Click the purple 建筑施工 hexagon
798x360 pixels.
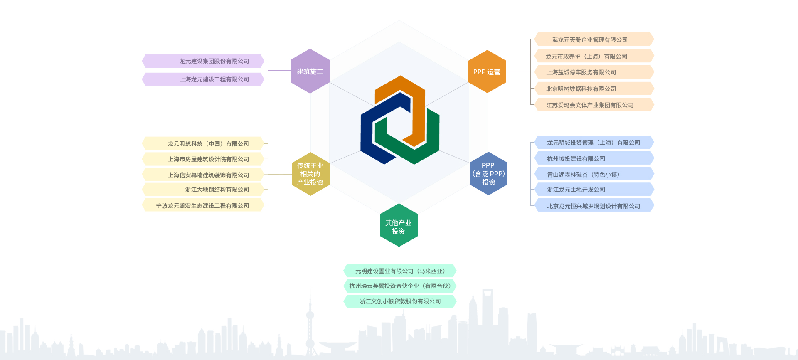pyautogui.click(x=310, y=71)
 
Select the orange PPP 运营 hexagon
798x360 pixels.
pyautogui.click(x=487, y=72)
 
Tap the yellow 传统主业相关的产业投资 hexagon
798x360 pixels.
pyautogui.click(x=310, y=174)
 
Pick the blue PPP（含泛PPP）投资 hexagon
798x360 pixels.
pyautogui.click(x=488, y=174)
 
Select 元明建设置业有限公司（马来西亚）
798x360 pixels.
pyautogui.click(x=400, y=271)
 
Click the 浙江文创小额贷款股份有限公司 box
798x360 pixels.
pyautogui.click(x=400, y=301)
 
